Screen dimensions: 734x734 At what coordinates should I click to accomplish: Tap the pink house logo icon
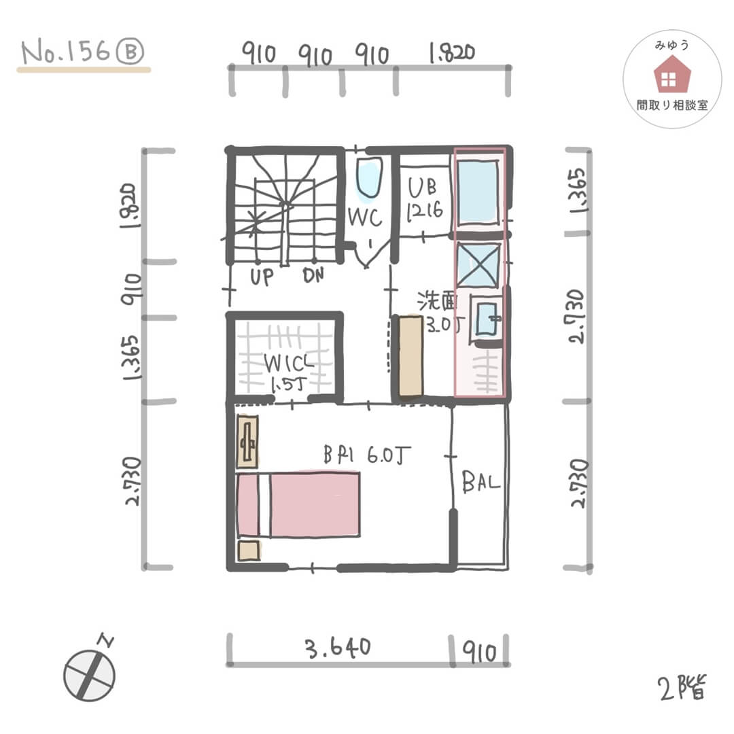point(671,74)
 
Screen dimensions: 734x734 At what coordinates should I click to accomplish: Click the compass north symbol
point(90,672)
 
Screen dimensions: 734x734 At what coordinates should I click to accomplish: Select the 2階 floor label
point(682,687)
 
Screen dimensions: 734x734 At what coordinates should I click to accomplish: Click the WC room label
point(365,217)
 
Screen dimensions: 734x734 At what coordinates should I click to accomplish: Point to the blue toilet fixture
point(369,178)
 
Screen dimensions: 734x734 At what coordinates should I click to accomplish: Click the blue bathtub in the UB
point(478,192)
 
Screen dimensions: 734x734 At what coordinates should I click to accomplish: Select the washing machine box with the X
point(478,264)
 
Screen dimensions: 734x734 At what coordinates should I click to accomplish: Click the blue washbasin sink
point(487,319)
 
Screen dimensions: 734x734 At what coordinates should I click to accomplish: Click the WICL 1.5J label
point(288,373)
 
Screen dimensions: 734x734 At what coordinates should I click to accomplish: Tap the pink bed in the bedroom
point(298,504)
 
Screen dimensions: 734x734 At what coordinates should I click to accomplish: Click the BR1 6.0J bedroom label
point(367,455)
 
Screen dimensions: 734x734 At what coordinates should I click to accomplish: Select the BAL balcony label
point(480,482)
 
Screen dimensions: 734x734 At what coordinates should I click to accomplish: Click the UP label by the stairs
point(262,277)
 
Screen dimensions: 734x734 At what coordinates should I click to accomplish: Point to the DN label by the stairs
point(313,275)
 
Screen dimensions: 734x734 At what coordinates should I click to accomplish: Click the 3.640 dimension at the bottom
point(338,648)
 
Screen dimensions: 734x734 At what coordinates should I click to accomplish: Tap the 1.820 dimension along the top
point(452,53)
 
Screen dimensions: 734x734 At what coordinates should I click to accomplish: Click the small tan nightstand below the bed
point(249,550)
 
